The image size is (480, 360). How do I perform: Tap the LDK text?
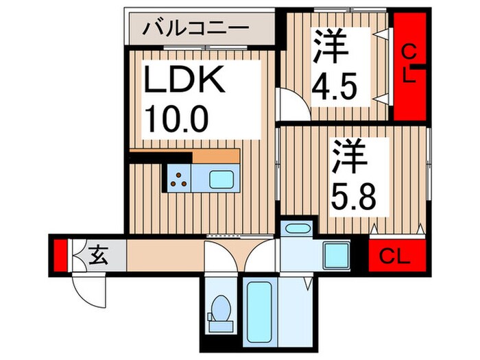[183, 84]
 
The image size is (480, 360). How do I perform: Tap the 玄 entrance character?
[99, 256]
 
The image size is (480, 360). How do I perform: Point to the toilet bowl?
[221, 307]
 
